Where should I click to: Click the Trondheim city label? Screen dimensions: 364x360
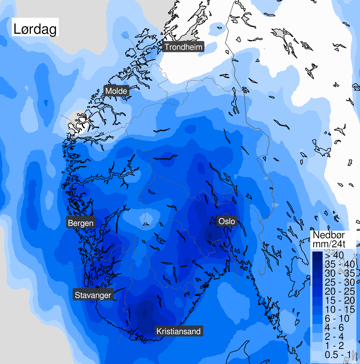click(x=183, y=47)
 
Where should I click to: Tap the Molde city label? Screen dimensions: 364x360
click(x=116, y=91)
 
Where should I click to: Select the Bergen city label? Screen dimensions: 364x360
click(x=81, y=223)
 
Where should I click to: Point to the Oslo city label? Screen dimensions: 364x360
click(x=226, y=221)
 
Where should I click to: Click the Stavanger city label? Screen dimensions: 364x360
click(x=93, y=295)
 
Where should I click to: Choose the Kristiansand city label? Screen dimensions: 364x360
click(x=178, y=331)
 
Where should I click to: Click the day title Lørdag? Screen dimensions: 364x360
click(x=35, y=29)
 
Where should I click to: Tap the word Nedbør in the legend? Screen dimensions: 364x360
click(x=329, y=235)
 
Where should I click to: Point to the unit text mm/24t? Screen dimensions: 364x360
click(x=329, y=244)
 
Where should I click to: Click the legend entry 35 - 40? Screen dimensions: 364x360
click(x=340, y=264)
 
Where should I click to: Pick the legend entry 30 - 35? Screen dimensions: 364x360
click(x=340, y=273)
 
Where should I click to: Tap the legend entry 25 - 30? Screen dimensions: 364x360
click(x=340, y=282)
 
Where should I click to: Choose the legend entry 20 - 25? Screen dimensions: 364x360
click(x=340, y=291)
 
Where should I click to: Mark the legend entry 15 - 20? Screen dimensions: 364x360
click(x=340, y=300)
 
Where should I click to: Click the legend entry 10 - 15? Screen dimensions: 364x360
click(x=340, y=309)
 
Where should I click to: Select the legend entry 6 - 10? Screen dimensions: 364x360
click(x=337, y=318)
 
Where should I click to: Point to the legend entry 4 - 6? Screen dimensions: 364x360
click(x=334, y=328)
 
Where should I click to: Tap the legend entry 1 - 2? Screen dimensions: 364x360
click(x=334, y=346)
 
